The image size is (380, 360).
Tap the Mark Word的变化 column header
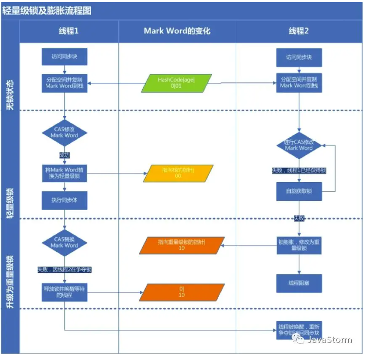tap(177, 31)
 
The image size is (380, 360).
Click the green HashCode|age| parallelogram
tap(176, 83)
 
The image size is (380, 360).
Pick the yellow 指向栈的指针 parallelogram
tap(178, 173)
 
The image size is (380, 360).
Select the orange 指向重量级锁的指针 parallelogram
tap(181, 245)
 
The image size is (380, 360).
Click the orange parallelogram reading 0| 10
tap(181, 292)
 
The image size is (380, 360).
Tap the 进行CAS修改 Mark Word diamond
tap(299, 145)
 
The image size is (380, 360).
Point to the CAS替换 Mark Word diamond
tap(64, 242)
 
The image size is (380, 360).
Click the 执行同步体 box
tap(64, 200)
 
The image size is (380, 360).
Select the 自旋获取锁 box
tap(299, 191)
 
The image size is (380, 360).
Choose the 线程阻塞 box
tap(299, 283)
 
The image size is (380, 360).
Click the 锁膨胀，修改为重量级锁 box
tap(299, 245)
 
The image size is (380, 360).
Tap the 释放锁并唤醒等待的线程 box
tap(64, 292)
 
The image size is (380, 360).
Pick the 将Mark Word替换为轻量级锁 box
tap(64, 173)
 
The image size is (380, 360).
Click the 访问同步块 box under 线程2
tap(299, 57)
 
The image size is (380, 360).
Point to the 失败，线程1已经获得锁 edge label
tap(298, 171)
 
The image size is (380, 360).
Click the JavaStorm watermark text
tap(329, 340)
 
